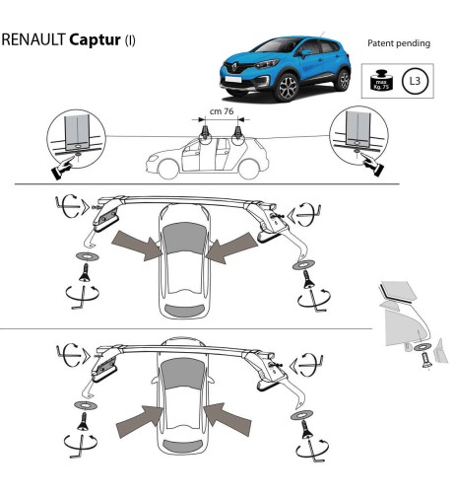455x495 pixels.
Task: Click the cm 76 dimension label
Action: (x=223, y=111)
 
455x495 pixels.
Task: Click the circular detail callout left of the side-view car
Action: (x=74, y=136)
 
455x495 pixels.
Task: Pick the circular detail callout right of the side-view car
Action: (x=358, y=136)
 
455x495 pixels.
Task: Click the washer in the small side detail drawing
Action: (x=422, y=347)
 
